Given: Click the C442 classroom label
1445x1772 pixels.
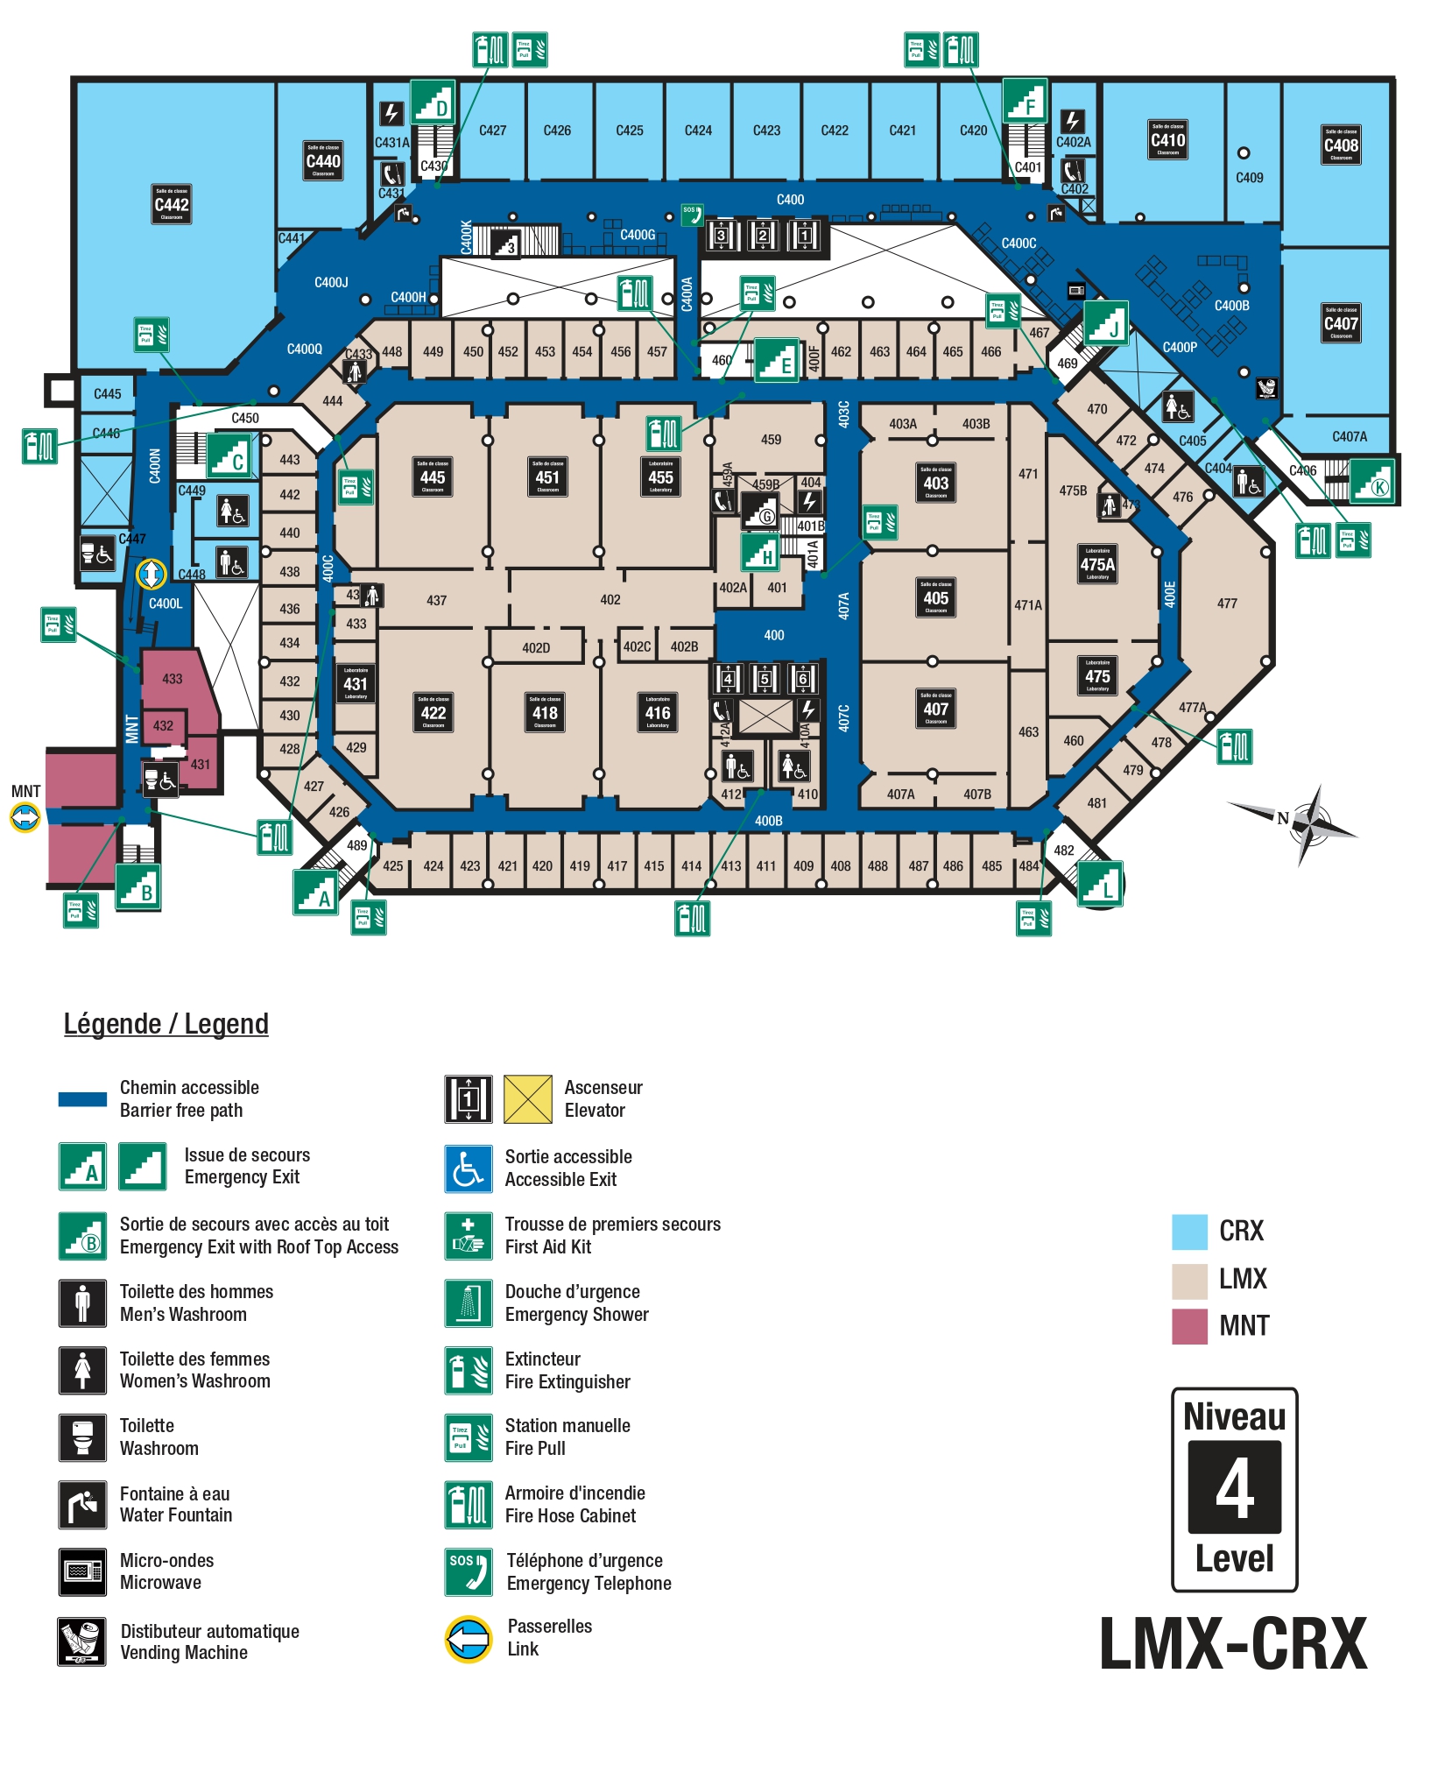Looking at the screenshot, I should tap(172, 204).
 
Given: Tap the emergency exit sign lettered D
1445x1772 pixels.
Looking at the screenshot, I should tap(433, 102).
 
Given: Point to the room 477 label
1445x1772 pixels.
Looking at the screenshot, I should tap(1227, 604).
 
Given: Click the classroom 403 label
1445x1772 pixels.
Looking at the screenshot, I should tap(935, 483).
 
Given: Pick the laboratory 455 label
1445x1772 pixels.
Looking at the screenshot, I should tap(660, 477).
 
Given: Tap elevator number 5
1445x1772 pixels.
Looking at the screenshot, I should tap(765, 679).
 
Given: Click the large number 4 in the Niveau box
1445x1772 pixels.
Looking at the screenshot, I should tap(1234, 1488).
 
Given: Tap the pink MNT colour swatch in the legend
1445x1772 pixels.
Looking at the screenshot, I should tap(1189, 1326).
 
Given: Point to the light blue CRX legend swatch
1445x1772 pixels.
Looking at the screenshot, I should tap(1189, 1232).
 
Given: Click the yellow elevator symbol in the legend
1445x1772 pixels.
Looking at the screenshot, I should tap(528, 1098).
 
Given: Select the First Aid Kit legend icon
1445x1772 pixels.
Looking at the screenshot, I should tap(468, 1235).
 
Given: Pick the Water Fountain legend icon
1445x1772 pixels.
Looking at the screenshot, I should tap(82, 1505).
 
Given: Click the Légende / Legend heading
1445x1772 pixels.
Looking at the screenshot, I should tap(166, 1024).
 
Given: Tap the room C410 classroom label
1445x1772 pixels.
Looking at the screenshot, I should tap(1167, 140).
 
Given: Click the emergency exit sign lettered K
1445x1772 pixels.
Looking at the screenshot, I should tap(1371, 481).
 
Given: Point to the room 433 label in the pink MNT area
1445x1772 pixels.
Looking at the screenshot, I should tap(173, 679).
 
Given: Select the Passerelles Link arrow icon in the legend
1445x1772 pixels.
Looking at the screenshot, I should tap(469, 1638).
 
